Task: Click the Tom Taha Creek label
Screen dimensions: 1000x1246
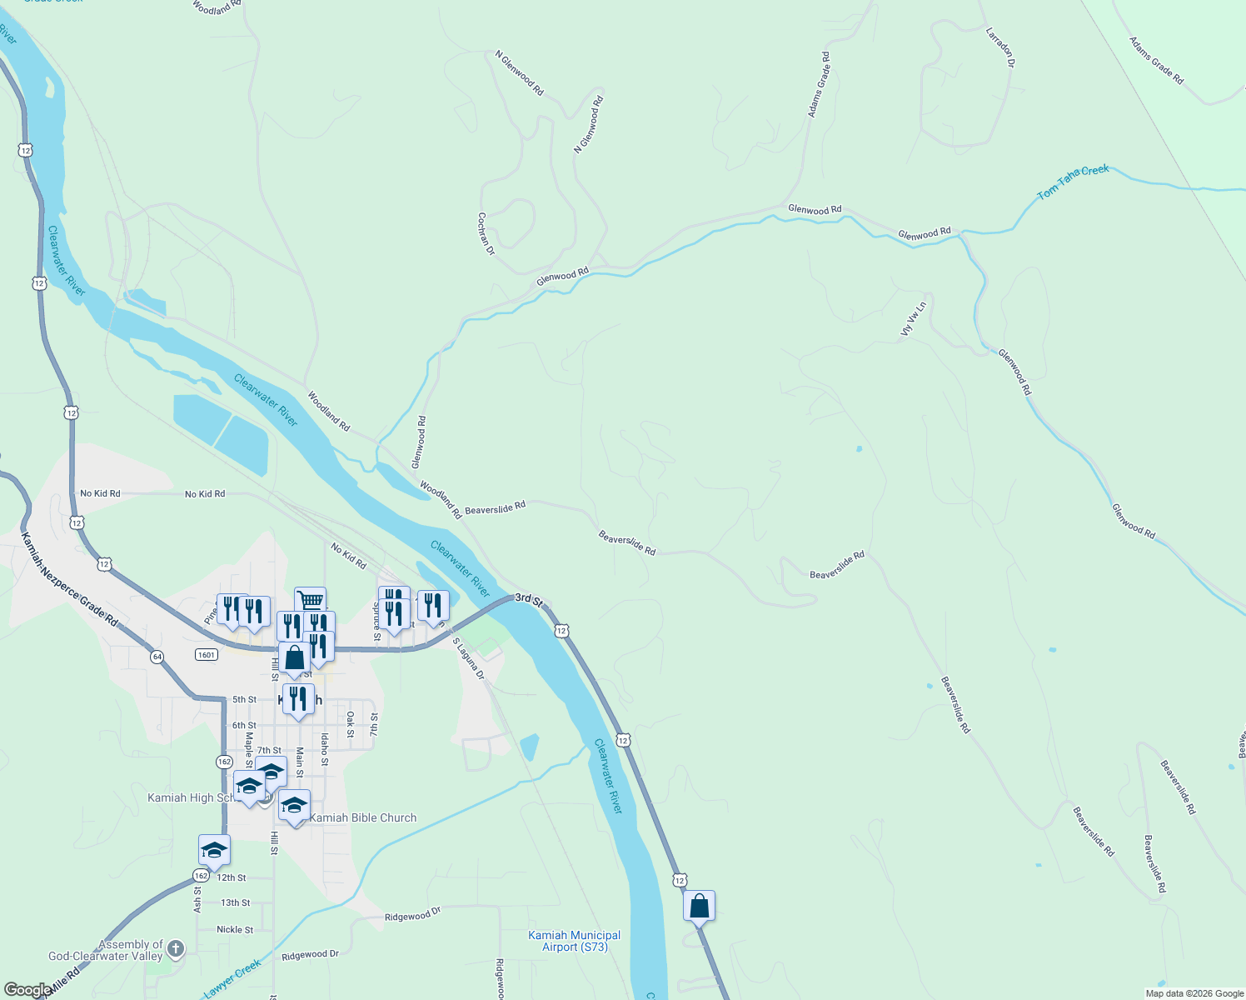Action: pos(1073,182)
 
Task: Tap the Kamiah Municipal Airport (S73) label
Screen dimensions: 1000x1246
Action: pos(575,941)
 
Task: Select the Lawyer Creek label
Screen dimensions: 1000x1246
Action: pos(232,978)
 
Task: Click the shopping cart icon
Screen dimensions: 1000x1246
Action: pos(310,599)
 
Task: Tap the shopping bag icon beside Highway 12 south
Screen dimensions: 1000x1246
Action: pos(699,905)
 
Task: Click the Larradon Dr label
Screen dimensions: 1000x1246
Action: pos(1000,47)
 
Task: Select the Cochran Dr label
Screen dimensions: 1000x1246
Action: pos(486,233)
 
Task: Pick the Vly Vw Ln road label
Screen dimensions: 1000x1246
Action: pos(914,319)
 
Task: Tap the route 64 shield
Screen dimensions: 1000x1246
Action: pos(157,657)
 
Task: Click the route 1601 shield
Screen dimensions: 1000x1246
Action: pos(207,654)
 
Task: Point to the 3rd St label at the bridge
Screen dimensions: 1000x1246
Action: pos(529,599)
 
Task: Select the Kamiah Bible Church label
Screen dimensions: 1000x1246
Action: pos(362,817)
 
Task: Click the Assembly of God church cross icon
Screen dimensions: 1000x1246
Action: pos(175,948)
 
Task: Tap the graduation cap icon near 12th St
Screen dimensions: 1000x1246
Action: pos(214,850)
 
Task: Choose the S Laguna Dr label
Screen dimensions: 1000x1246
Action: pos(468,658)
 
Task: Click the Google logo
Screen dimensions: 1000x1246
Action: pos(27,990)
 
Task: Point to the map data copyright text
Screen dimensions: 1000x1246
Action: pos(1194,993)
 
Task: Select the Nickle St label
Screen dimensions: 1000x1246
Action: pos(235,929)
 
